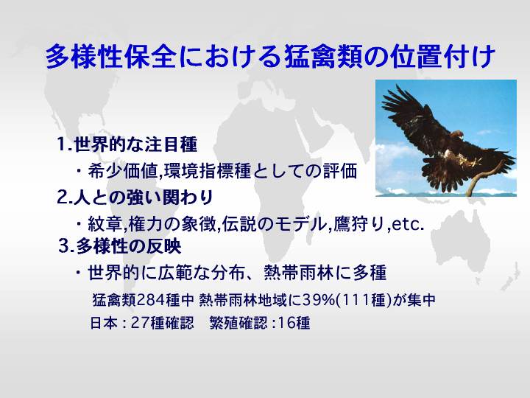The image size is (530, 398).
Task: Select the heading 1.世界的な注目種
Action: click(127, 144)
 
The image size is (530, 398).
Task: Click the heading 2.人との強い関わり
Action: click(135, 198)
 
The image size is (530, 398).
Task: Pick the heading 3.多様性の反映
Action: click(120, 246)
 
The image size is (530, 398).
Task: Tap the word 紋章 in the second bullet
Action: click(104, 224)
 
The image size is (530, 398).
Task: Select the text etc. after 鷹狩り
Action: click(408, 224)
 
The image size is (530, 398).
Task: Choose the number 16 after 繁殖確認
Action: click(286, 323)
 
